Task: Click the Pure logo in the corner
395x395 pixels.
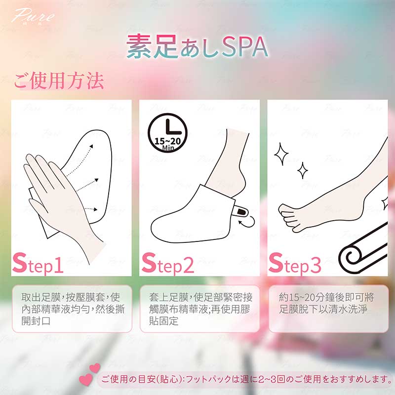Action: coord(33,16)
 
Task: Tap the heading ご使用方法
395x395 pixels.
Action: coord(59,80)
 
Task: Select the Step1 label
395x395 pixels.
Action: coord(38,263)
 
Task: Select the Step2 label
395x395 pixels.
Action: coord(168,263)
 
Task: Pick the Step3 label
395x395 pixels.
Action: coord(295,263)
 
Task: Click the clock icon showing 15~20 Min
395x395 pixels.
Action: coord(167,133)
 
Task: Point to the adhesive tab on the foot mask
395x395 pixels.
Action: coord(240,211)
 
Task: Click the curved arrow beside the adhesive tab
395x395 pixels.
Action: coord(247,222)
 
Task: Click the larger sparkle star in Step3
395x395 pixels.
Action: coord(281,154)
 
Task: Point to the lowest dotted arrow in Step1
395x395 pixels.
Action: coord(91,209)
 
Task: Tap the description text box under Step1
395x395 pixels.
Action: coord(72,309)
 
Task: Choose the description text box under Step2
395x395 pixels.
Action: coord(200,309)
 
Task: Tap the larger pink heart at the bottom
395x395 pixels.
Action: coord(86,379)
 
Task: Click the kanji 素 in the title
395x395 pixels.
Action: coord(139,46)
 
